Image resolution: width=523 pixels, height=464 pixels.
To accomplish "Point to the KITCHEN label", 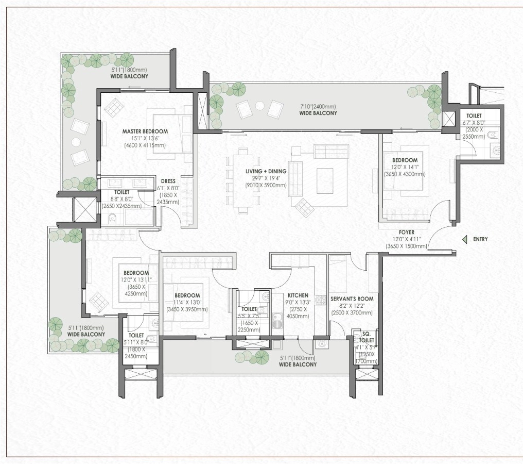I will coord(298,295).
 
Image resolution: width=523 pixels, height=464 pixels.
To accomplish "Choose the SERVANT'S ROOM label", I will coord(352,299).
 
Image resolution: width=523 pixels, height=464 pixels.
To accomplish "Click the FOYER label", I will coord(407,233).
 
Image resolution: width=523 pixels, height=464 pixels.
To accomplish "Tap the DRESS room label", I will coord(168,181).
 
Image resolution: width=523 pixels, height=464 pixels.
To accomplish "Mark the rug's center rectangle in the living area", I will coord(325,180).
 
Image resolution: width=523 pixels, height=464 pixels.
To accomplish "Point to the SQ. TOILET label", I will coord(367,337).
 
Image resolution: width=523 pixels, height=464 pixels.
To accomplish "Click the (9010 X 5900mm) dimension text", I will coord(266,186).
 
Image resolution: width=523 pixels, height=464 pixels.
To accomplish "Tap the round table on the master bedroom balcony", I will coord(76,141).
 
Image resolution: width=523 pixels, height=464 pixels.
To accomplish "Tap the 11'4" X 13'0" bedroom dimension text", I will coord(187,303).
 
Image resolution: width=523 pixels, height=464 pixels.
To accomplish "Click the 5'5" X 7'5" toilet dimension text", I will coord(249,316).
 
